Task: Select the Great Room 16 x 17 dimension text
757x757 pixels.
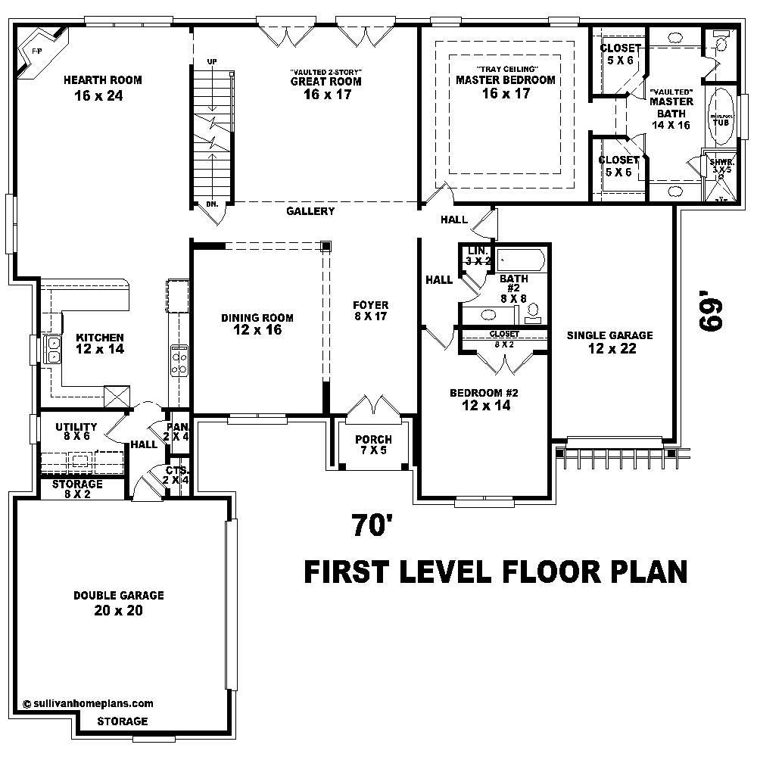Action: pos(326,95)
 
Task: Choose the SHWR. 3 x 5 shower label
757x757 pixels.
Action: pos(720,166)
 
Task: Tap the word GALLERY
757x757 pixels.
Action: pos(310,211)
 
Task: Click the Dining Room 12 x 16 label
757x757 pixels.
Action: pos(257,324)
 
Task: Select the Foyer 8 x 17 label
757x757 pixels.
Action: pos(371,310)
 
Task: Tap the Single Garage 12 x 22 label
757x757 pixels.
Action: pos(609,341)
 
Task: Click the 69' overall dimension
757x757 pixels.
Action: pos(712,313)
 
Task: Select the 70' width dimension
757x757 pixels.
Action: pos(371,525)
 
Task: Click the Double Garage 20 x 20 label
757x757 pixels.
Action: pos(119,603)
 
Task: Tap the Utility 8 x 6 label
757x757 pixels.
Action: pos(76,432)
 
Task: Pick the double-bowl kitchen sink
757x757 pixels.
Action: pos(55,349)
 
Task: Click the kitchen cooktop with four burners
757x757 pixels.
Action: pos(179,360)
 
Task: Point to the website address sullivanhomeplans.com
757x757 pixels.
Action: pos(89,702)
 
